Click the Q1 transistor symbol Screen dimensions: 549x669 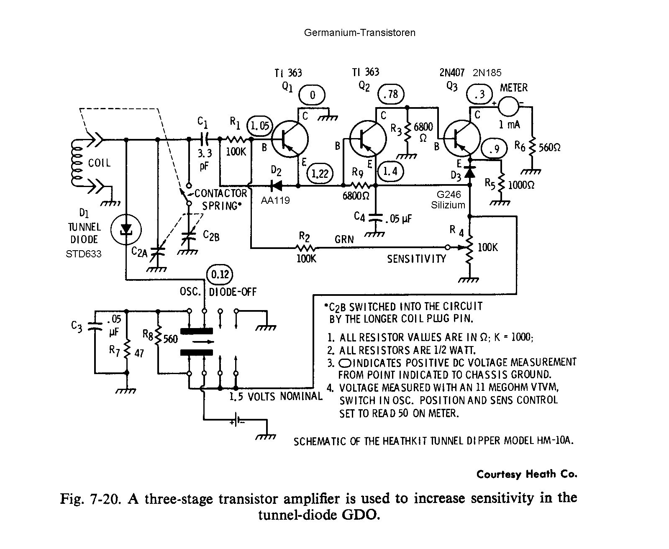pos(290,139)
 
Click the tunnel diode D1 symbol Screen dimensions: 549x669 pos(126,229)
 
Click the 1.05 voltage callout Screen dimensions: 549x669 pos(259,126)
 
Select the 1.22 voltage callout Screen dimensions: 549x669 pos(320,173)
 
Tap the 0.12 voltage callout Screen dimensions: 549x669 pos(220,274)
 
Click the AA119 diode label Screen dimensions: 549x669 pos(275,200)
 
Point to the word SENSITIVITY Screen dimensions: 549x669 pos(416,259)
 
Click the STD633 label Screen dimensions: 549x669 pos(84,254)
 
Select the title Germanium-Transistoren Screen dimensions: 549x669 pos(359,33)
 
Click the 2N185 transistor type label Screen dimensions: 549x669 pos(487,73)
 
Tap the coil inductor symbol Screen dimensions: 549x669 pos(76,161)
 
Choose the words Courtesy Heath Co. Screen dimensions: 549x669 pos(527,474)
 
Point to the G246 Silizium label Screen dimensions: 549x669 pos(448,200)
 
